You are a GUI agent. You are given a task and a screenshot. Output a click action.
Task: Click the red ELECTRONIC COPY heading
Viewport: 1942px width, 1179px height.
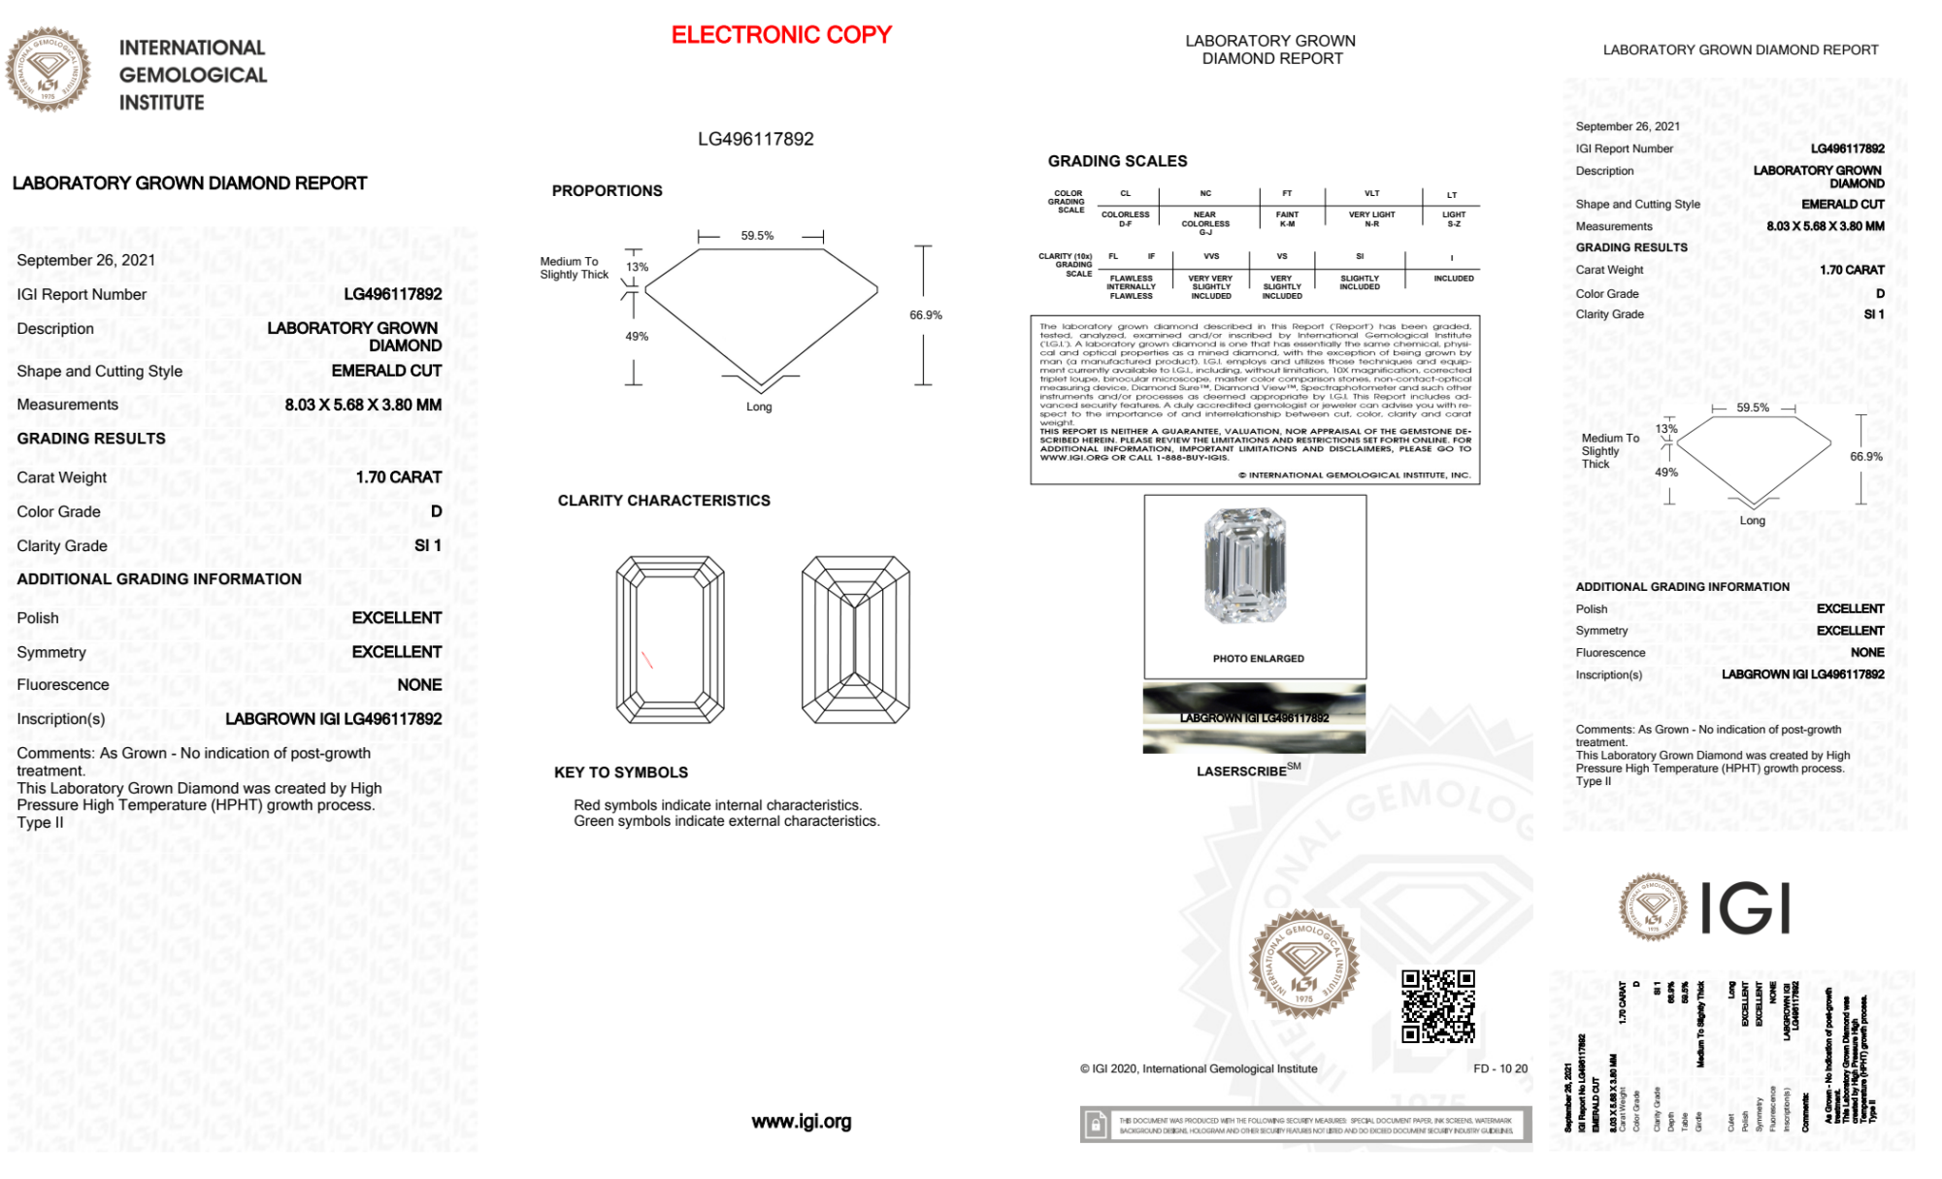(780, 35)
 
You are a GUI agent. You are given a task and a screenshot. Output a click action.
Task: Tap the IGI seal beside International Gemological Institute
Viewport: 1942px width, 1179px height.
(48, 69)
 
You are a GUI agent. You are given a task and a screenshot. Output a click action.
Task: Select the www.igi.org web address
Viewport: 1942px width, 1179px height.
(801, 1122)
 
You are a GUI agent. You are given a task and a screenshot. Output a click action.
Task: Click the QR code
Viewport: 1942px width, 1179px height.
(1437, 1005)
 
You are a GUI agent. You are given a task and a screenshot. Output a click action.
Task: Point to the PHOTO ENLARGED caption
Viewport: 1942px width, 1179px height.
(1258, 659)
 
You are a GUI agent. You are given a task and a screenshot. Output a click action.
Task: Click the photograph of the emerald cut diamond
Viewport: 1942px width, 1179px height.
(1245, 566)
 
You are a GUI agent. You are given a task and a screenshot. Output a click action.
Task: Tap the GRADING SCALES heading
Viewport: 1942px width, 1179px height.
(1117, 161)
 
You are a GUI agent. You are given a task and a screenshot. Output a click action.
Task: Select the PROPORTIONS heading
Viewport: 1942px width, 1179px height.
(607, 191)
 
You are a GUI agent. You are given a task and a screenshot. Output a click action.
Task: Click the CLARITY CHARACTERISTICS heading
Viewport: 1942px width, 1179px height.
(664, 501)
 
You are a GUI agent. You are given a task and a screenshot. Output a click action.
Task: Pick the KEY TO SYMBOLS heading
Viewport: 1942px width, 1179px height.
(621, 772)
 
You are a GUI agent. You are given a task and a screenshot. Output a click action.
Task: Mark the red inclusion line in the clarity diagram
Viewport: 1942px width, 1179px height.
(646, 660)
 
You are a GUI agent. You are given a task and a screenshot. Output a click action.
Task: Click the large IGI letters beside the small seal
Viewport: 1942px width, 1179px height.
(1746, 909)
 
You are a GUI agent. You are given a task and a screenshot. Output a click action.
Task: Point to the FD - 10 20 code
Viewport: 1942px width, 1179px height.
(1499, 1068)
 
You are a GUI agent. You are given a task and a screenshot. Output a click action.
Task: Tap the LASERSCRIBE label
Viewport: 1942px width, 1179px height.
(1242, 771)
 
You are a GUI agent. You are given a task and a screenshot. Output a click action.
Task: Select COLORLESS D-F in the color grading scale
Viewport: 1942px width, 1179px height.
(1125, 219)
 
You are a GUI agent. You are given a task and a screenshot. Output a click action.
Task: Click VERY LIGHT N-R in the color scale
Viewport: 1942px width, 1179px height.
(1371, 219)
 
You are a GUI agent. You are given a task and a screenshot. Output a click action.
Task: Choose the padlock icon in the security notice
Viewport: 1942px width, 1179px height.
(1096, 1126)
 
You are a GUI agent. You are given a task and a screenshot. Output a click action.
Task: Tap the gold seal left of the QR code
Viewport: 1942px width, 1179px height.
(1303, 965)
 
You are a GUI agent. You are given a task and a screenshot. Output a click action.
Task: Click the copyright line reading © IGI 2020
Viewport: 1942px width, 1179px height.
(1199, 1068)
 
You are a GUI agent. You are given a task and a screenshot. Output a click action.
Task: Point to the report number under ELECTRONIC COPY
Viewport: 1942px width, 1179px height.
(755, 139)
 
